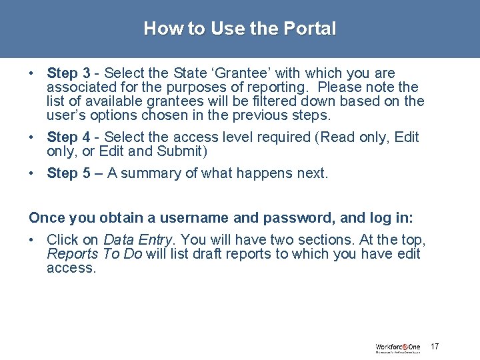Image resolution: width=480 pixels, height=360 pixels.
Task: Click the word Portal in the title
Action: pyautogui.click(x=310, y=29)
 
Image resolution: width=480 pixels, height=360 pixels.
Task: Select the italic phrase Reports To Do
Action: pyautogui.click(x=94, y=253)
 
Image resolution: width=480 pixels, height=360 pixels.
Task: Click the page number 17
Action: pyautogui.click(x=435, y=347)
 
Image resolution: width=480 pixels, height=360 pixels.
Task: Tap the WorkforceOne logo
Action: pyautogui.click(x=398, y=347)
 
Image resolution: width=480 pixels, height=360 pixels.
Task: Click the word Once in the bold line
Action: pyautogui.click(x=45, y=217)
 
